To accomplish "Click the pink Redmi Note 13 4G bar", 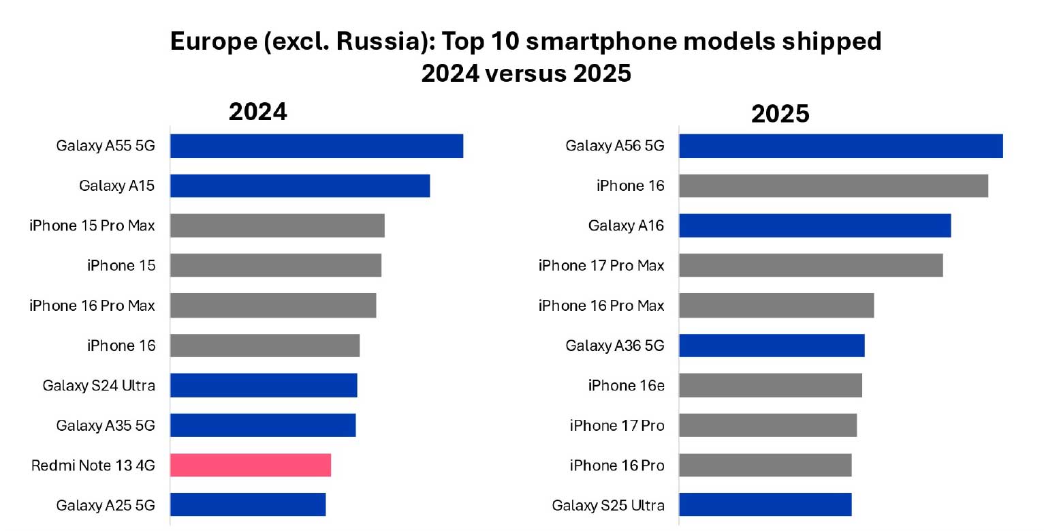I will [251, 465].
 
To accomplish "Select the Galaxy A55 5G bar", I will [317, 146].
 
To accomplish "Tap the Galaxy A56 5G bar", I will [841, 146].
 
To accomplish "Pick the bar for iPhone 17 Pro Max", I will [811, 265].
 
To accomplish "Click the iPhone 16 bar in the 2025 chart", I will [834, 185].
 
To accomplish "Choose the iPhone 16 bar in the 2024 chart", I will [265, 346].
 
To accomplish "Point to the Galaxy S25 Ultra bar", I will [765, 505].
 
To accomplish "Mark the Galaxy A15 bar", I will [300, 185].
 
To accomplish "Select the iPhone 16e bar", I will [771, 385].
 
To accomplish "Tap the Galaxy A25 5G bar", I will [248, 504].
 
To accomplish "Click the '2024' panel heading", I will [257, 112].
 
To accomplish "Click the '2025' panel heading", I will [780, 114].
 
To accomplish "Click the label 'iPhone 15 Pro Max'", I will [92, 226].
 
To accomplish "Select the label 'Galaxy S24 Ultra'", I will [99, 385].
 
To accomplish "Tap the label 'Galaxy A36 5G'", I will [614, 346].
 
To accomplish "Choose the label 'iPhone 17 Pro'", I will [617, 425].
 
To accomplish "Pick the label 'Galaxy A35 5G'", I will [106, 425].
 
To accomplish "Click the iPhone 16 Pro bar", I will [765, 465].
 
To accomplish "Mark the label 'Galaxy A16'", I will [626, 226].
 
